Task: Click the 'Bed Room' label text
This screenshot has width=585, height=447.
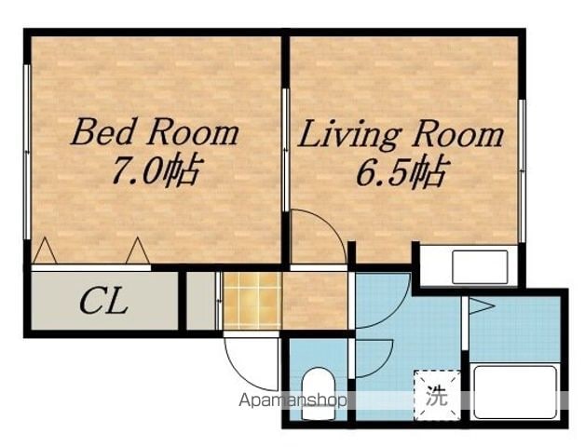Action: (x=155, y=132)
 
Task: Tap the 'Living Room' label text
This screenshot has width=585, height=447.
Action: (x=401, y=135)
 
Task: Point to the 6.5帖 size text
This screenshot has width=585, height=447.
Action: (x=401, y=171)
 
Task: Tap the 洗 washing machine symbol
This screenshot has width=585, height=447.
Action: (x=437, y=395)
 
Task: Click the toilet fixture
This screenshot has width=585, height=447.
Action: (x=318, y=394)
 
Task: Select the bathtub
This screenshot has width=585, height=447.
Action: (x=515, y=393)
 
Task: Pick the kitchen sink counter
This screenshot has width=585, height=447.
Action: (x=480, y=267)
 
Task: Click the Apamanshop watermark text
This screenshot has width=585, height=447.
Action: (x=292, y=400)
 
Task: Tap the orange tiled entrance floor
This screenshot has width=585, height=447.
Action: (x=252, y=301)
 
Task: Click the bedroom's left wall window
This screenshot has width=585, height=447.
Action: (x=27, y=152)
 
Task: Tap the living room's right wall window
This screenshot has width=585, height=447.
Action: (x=522, y=171)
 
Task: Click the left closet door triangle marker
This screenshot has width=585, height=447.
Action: (x=45, y=251)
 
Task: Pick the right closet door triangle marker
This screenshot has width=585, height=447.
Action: (x=138, y=251)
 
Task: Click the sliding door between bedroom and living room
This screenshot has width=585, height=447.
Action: (x=286, y=150)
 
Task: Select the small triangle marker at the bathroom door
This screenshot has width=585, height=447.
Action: (x=482, y=306)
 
